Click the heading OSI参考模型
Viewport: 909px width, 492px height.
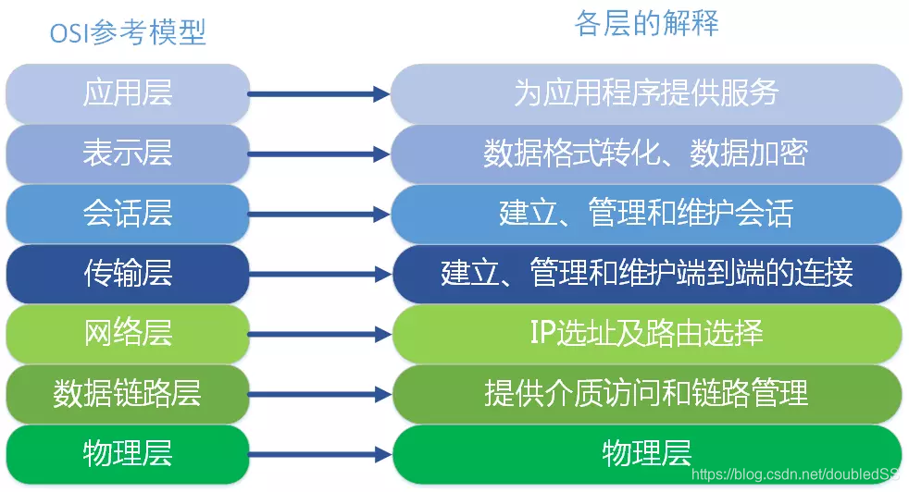tap(128, 32)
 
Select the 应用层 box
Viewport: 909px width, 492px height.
tap(128, 93)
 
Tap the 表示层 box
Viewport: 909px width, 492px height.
tap(128, 154)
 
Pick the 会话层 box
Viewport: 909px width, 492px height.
tap(128, 214)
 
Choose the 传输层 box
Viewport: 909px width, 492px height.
tap(128, 274)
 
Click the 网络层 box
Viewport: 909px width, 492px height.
tap(128, 334)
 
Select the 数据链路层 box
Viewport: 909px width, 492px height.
tap(128, 394)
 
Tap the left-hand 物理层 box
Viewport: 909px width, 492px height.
tap(128, 454)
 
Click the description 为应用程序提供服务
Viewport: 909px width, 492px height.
tap(646, 93)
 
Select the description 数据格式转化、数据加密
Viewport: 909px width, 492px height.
tap(646, 154)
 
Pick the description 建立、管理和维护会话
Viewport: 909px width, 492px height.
tap(646, 214)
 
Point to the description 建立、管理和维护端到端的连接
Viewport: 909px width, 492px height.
tap(646, 274)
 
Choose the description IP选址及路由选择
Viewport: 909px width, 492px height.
tap(646, 334)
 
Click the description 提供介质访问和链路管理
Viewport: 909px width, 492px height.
tap(646, 394)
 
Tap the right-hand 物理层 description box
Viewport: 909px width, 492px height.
tap(646, 454)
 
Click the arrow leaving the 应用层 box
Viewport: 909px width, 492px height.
tap(319, 93)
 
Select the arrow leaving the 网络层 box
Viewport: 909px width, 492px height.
tap(319, 334)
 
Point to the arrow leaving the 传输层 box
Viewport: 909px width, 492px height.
tap(319, 274)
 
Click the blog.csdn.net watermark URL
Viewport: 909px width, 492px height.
tap(795, 475)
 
